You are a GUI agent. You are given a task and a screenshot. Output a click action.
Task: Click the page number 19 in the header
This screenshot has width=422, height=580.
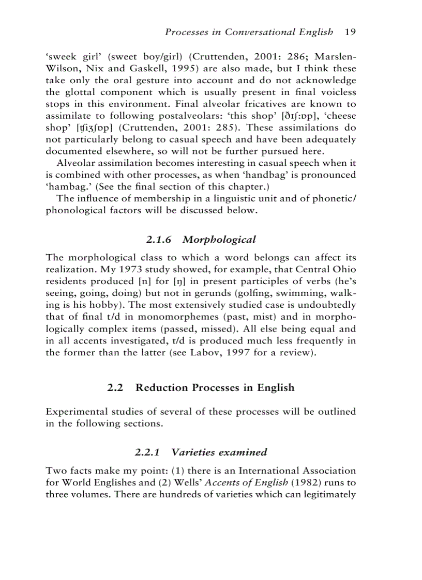[350, 32]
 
